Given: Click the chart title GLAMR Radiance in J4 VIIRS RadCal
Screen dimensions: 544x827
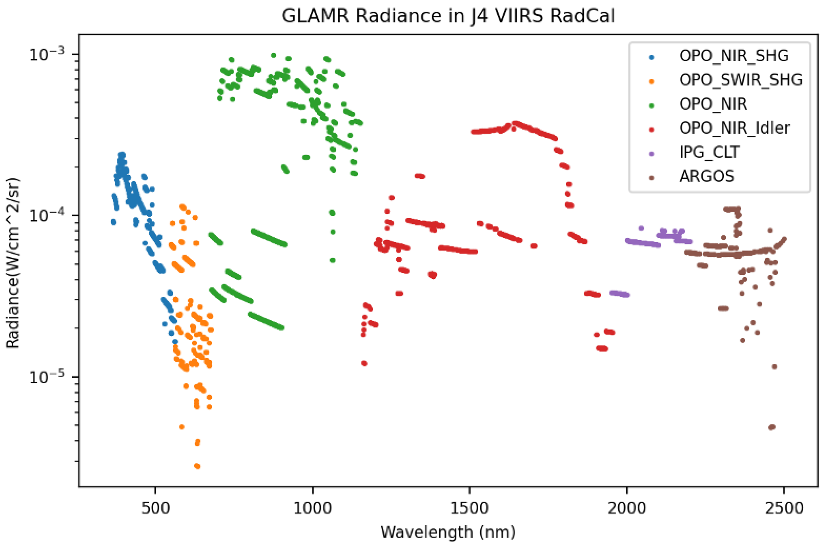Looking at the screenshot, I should tap(448, 16).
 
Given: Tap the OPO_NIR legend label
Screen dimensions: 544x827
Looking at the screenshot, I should tap(713, 104).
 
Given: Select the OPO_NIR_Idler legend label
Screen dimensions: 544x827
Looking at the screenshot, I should tap(735, 128).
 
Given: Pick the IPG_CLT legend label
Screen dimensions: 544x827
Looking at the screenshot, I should tap(709, 152).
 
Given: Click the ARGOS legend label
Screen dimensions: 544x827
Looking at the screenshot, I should tap(707, 176).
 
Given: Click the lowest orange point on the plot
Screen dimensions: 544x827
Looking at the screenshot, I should tap(197, 466).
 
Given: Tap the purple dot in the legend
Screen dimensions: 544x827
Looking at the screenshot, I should tap(652, 153).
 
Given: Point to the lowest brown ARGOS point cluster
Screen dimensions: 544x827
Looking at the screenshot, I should tap(772, 427).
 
